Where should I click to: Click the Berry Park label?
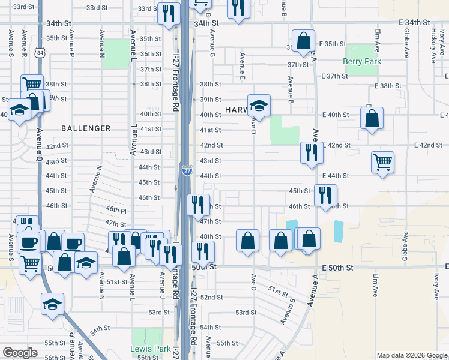pos(362,61)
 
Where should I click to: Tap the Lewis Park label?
pos(147,349)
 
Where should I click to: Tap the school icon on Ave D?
pos(259,106)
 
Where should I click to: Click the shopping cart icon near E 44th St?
pos(382,161)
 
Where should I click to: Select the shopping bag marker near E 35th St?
pos(304,41)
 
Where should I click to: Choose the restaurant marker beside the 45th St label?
pos(325,195)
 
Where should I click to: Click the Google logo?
pos(20,353)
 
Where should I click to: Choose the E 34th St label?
pos(415,22)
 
